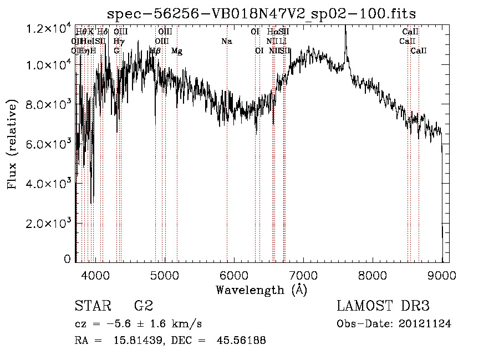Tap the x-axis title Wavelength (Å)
261,290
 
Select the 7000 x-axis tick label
303,274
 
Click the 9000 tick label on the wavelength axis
442,274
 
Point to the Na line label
226,42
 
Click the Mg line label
177,51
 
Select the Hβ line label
156,51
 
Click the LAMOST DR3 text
383,306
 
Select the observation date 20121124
425,324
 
